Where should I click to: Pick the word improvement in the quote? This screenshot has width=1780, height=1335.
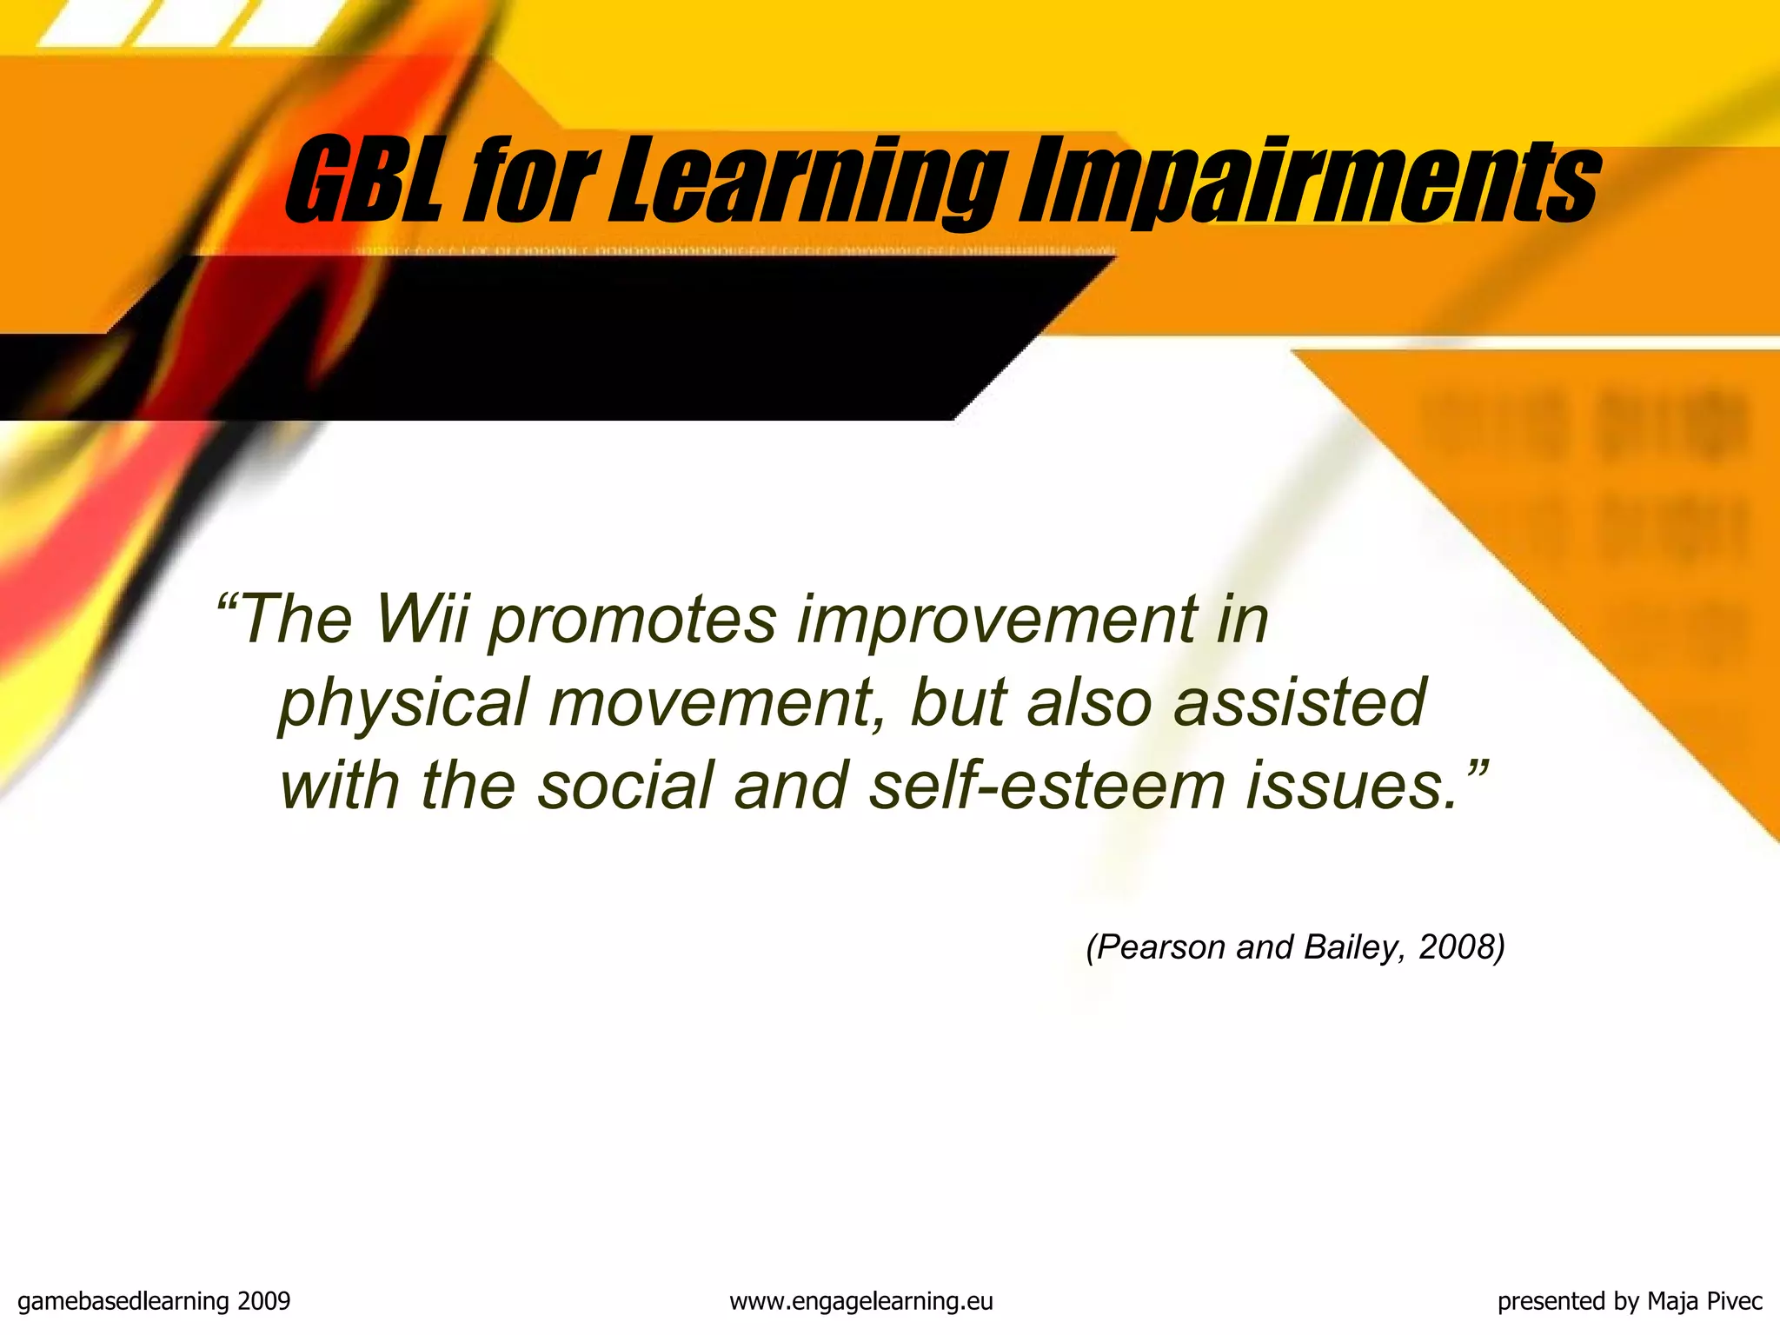click(996, 619)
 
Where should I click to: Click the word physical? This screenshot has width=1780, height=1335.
click(403, 702)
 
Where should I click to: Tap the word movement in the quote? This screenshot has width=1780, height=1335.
click(709, 702)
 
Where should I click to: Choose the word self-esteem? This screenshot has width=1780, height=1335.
click(1046, 786)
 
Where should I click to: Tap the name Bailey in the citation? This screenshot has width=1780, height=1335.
click(1352, 947)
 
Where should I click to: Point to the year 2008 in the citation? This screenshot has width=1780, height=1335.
click(1456, 947)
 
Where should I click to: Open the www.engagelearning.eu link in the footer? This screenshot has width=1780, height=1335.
click(860, 1302)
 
